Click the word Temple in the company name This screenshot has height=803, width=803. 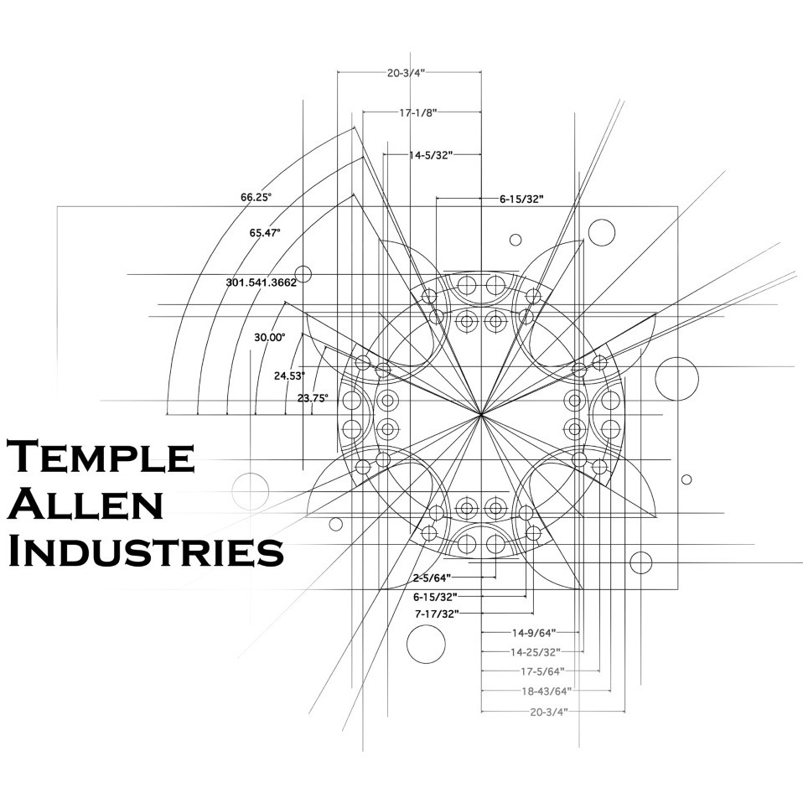tap(101, 456)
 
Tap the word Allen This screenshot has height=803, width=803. tap(85, 504)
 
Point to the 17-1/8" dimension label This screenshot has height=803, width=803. tap(418, 112)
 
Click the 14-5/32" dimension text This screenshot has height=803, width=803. tap(431, 155)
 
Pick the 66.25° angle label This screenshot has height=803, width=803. tap(256, 197)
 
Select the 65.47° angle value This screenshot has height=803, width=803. tap(265, 232)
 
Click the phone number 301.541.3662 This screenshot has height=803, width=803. tap(262, 282)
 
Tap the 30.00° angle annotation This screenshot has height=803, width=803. tap(270, 338)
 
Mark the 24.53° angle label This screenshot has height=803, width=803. tap(289, 376)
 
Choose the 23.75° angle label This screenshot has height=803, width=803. tap(313, 398)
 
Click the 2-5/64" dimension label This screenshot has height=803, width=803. tap(433, 578)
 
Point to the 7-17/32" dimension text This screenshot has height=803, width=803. tap(437, 614)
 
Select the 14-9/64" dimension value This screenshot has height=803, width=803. tap(534, 633)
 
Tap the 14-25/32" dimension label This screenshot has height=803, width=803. tap(536, 652)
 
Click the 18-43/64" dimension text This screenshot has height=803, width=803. tap(547, 692)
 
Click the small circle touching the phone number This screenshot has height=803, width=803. tap(303, 274)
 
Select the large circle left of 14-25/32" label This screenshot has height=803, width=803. tap(426, 645)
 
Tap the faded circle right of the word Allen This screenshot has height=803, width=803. tap(251, 491)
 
